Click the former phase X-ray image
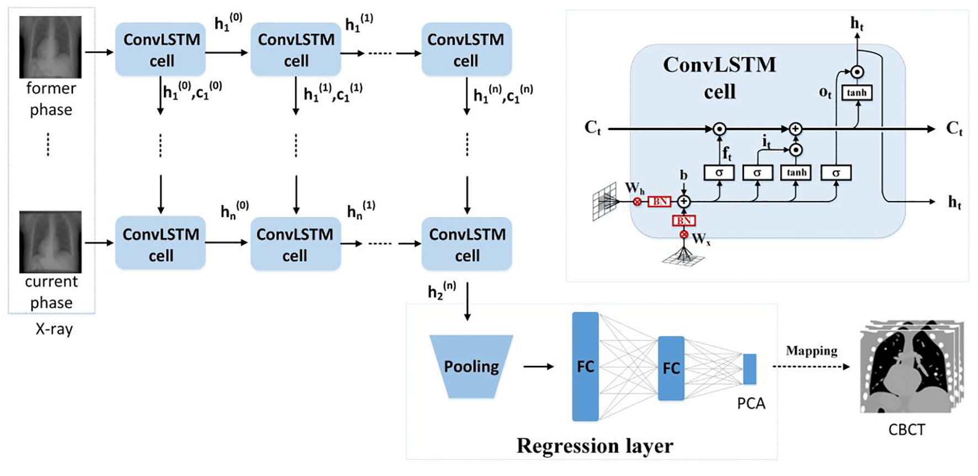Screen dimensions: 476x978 [50, 47]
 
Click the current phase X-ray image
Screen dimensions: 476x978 [50, 241]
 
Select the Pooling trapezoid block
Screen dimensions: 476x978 [471, 366]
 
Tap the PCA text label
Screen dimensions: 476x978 [751, 404]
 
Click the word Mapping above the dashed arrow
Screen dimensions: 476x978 [811, 351]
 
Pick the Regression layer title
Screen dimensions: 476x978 [594, 446]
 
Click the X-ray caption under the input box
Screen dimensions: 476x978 [54, 329]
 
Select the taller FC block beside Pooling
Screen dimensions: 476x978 [585, 366]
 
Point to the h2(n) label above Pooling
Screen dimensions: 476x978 [442, 290]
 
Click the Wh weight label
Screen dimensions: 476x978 [634, 188]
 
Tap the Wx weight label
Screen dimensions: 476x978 [700, 239]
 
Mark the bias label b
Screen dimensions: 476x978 [683, 175]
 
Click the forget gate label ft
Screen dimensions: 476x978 [727, 153]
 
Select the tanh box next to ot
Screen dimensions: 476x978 [857, 93]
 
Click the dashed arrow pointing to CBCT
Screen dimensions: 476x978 [811, 367]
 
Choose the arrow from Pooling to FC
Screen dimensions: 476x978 [538, 366]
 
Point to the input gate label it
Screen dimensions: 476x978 [767, 142]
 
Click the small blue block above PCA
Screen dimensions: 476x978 [750, 369]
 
